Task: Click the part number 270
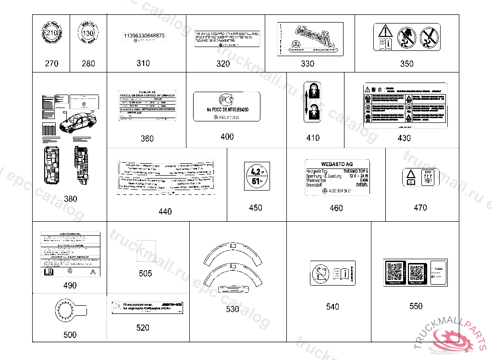point(51,63)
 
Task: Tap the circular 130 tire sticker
point(88,34)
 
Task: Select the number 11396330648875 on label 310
point(144,36)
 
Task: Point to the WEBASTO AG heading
point(336,164)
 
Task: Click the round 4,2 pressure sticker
point(256,176)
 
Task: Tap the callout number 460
point(336,208)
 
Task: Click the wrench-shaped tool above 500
point(70,311)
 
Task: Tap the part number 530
point(233,310)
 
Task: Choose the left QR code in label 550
point(394,272)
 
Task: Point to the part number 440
point(165,212)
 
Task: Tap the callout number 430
point(404,138)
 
